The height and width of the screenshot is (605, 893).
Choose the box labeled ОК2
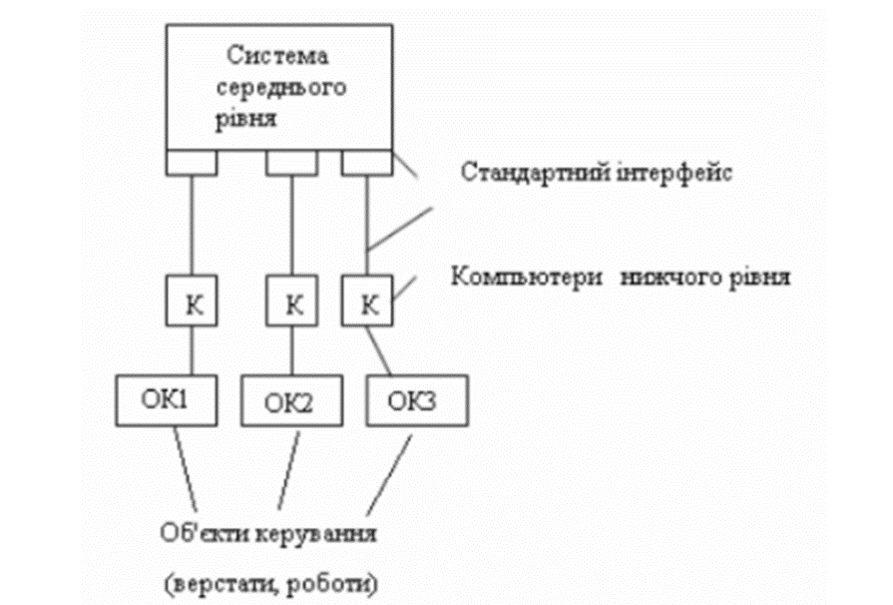[x=289, y=403]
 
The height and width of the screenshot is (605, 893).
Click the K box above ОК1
[x=192, y=302]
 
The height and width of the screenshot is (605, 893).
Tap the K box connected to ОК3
[x=367, y=302]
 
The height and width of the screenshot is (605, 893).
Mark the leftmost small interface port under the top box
[x=192, y=161]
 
